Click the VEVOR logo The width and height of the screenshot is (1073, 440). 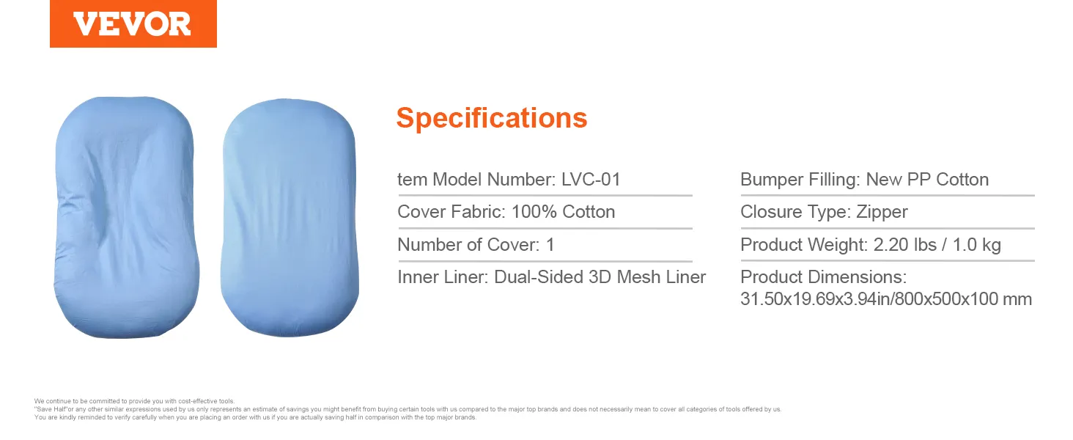click(x=133, y=24)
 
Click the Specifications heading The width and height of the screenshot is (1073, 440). click(x=492, y=118)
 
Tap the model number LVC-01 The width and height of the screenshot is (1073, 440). click(x=591, y=180)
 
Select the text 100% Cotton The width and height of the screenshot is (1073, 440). click(x=564, y=212)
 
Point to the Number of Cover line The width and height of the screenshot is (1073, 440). click(x=476, y=245)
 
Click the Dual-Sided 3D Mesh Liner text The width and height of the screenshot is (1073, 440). click(x=600, y=277)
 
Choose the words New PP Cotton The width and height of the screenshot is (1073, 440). click(x=927, y=180)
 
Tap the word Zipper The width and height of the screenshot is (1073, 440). click(x=882, y=213)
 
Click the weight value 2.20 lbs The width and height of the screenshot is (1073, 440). click(x=905, y=245)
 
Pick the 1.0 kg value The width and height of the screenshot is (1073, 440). click(x=976, y=245)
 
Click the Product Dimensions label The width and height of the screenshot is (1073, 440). click(x=823, y=277)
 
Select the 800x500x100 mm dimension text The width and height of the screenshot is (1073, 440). click(x=963, y=299)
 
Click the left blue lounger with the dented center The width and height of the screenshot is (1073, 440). click(x=126, y=217)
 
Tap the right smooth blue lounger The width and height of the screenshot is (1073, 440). click(x=290, y=217)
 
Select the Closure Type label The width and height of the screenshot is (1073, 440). click(x=794, y=213)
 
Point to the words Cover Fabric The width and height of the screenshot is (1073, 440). click(x=451, y=212)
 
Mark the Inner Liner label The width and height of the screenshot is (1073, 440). click(x=442, y=277)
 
